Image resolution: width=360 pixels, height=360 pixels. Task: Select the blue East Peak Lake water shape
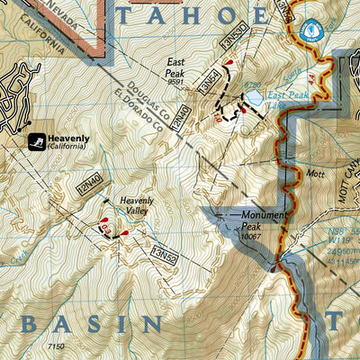point(255,96)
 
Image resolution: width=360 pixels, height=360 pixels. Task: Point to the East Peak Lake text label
point(287,97)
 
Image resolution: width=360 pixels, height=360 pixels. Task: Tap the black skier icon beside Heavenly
point(37,141)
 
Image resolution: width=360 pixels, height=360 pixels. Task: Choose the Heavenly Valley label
point(138,204)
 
